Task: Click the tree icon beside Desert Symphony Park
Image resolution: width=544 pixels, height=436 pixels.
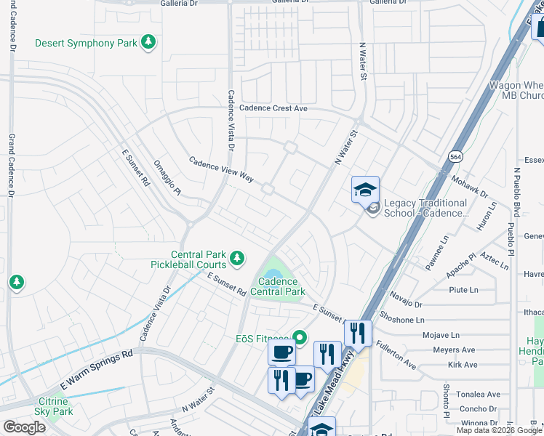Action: click(x=148, y=43)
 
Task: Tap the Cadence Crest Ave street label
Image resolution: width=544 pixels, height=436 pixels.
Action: click(x=274, y=108)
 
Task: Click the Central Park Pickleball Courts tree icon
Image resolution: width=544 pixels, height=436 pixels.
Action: click(x=236, y=257)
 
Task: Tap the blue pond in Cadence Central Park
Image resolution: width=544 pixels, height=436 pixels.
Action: click(x=271, y=271)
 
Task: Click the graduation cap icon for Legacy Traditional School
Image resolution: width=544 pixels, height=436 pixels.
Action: click(x=365, y=190)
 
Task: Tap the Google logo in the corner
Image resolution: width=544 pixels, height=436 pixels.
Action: click(x=24, y=427)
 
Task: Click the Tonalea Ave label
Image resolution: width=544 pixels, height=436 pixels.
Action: click(x=478, y=394)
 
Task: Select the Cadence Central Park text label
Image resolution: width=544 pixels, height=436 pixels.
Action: click(x=277, y=286)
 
